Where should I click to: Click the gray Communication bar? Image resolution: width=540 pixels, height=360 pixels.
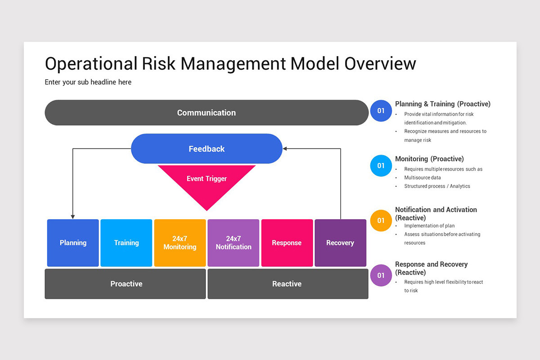click(206, 112)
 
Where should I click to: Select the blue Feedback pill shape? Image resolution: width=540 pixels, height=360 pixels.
click(206, 148)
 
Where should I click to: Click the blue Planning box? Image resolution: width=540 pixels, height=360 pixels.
click(73, 243)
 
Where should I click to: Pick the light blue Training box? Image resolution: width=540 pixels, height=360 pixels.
click(126, 243)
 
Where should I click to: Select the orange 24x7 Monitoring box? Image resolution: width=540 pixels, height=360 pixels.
click(180, 243)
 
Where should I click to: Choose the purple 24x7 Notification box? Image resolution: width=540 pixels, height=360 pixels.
click(234, 243)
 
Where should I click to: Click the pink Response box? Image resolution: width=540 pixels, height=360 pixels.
click(287, 243)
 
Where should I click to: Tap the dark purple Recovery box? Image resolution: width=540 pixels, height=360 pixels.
click(340, 243)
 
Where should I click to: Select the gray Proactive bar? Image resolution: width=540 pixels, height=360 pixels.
click(126, 284)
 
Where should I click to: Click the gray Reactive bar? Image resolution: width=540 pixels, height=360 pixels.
click(288, 284)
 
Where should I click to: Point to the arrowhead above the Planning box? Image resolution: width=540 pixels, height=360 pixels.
click(73, 217)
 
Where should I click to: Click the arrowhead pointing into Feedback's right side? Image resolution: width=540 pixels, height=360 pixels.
click(285, 148)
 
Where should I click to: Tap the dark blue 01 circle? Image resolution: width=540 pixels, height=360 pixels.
click(381, 111)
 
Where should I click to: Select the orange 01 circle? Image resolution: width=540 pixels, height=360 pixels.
click(381, 220)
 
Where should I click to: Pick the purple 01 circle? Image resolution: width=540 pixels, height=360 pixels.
click(381, 275)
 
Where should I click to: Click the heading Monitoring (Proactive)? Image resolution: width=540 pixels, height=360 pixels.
click(429, 159)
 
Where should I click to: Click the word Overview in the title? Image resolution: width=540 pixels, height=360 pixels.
click(380, 63)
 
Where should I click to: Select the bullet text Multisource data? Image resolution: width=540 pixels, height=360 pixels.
click(422, 178)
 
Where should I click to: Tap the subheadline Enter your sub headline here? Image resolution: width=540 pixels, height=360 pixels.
click(88, 82)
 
